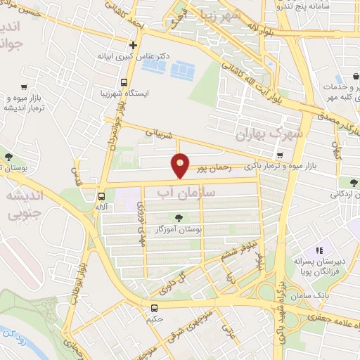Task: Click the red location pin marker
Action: pos(180,165)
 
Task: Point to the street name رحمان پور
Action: pos(211,169)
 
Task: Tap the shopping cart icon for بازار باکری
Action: pos(281,155)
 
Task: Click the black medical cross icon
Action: pos(133,44)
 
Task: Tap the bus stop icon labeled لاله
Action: pos(102,197)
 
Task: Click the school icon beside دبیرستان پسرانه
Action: pos(319,250)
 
